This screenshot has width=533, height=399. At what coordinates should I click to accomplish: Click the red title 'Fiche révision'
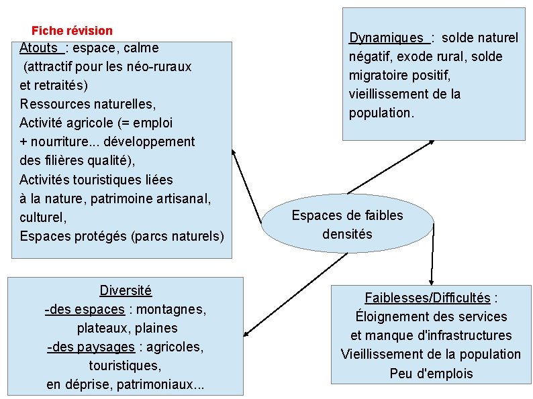click(x=72, y=31)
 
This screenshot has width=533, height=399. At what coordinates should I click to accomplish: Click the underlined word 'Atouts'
click(x=39, y=48)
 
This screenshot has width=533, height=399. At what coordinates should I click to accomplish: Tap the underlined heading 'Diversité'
click(x=126, y=291)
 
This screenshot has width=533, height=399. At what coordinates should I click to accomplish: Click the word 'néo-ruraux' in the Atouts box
click(x=159, y=67)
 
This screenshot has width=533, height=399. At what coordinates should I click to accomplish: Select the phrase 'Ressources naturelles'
click(x=87, y=105)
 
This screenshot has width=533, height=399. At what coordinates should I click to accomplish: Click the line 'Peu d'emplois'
click(x=431, y=374)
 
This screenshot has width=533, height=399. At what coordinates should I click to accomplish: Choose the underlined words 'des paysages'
click(x=91, y=347)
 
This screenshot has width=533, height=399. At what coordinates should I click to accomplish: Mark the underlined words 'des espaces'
click(x=85, y=310)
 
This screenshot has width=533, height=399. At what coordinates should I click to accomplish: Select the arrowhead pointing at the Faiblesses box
click(x=430, y=280)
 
